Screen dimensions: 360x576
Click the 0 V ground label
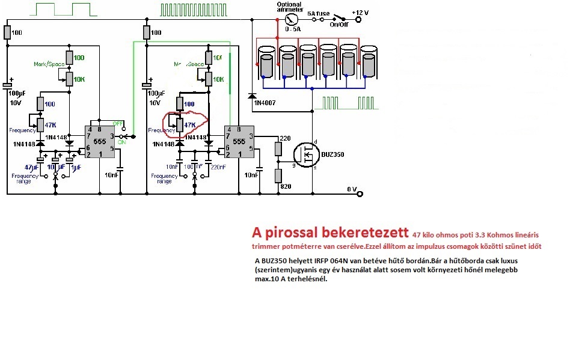353,189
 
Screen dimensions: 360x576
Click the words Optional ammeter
289,7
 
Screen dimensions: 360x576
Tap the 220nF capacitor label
219,166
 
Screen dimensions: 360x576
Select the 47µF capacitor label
32,166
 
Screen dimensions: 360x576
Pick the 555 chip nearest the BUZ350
238,141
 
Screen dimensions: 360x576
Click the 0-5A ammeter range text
293,28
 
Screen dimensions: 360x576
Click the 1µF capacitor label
76,166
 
